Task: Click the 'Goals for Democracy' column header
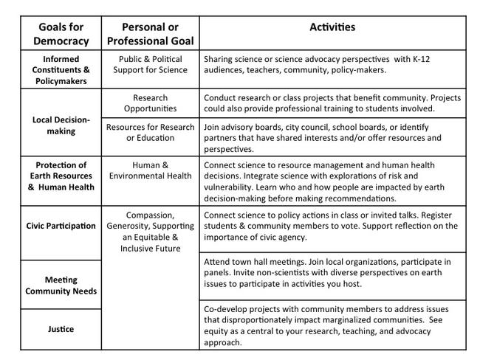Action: [x=55, y=33]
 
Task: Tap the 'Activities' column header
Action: [x=332, y=27]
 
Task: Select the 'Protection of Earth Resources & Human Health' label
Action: [x=55, y=176]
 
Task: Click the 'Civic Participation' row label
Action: [x=55, y=226]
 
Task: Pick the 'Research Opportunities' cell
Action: [x=151, y=103]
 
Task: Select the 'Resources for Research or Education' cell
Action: [x=151, y=132]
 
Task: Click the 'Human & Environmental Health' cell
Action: [x=151, y=170]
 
